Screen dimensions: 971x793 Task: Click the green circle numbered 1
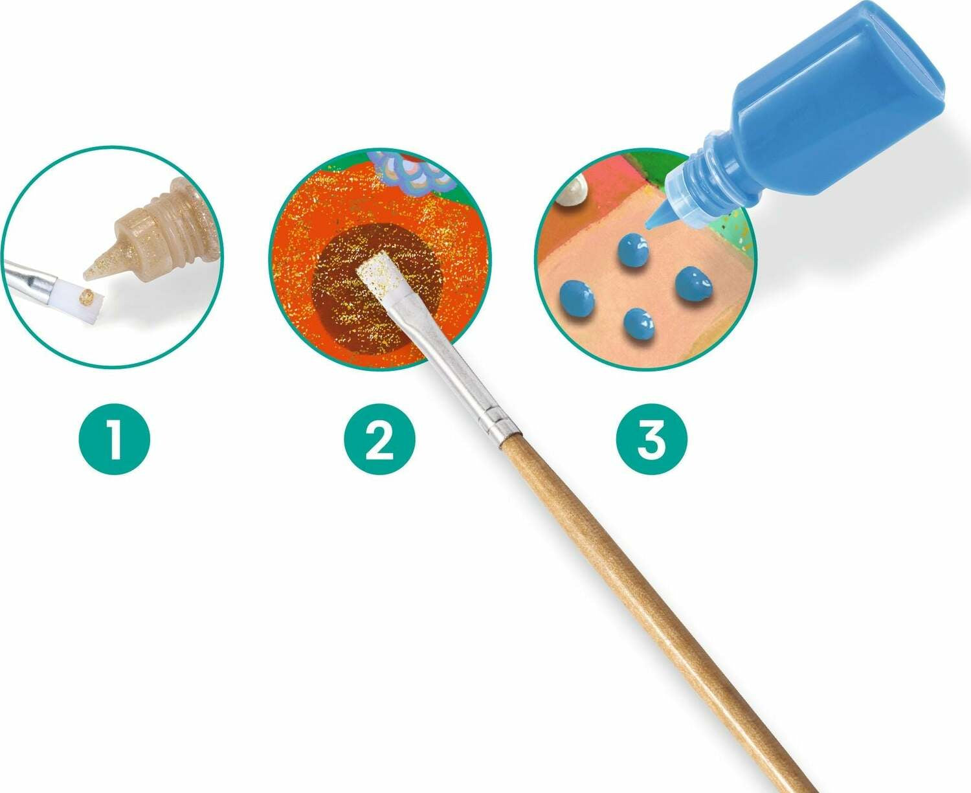(x=115, y=439)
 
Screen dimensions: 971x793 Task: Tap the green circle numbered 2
(x=379, y=439)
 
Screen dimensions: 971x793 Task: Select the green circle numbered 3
(x=651, y=439)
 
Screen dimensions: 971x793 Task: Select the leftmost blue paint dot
(x=576, y=298)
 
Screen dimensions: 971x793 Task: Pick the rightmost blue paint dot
(x=693, y=283)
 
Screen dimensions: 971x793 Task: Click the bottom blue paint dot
(x=640, y=324)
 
